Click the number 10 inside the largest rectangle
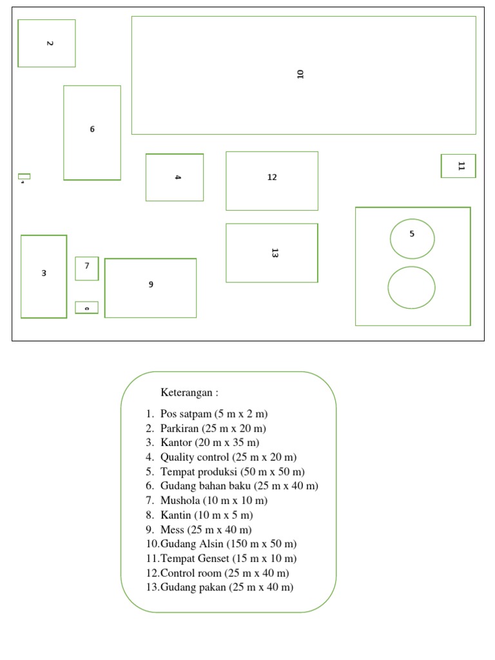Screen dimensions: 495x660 (300, 73)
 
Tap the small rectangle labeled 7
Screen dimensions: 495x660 (87, 268)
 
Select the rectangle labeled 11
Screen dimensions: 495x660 (458, 166)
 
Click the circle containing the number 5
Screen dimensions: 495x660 (412, 238)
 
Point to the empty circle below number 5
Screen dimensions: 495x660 (411, 287)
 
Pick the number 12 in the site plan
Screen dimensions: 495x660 (272, 177)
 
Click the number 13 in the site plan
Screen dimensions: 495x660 (275, 253)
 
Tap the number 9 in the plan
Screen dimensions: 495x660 (151, 284)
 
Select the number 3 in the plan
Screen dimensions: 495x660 (44, 273)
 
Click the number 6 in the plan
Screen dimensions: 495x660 (92, 129)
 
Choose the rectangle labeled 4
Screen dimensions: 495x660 (175, 177)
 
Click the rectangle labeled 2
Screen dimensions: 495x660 (46, 43)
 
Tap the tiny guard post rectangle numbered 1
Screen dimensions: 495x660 (24, 177)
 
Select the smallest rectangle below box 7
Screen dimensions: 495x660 (86, 307)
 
